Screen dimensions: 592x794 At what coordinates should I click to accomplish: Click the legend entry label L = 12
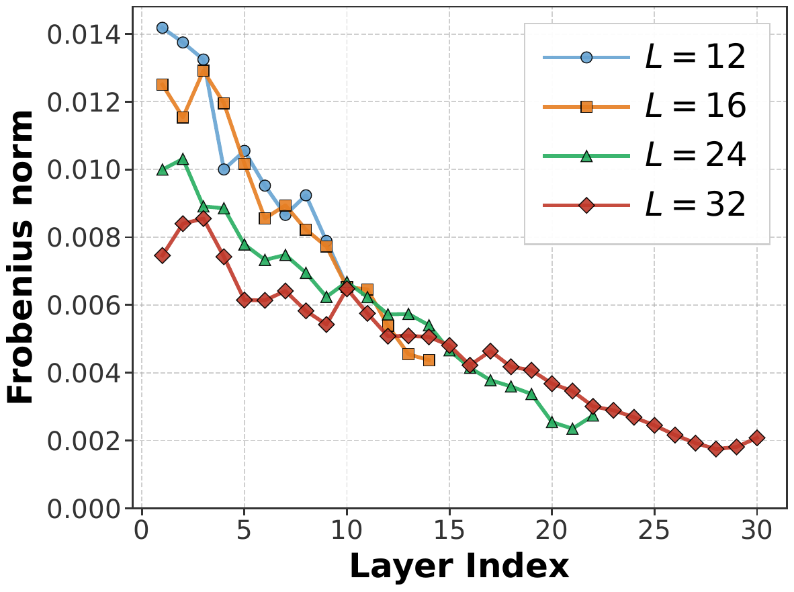[695, 58]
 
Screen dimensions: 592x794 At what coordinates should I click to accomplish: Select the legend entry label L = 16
[695, 107]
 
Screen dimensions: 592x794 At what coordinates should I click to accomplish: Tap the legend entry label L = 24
[695, 156]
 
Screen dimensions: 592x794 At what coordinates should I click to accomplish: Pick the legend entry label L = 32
[695, 205]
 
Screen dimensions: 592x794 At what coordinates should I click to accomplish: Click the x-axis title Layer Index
[459, 567]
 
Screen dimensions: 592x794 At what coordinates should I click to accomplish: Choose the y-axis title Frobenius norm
[21, 259]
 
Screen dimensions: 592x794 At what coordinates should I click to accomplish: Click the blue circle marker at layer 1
[163, 28]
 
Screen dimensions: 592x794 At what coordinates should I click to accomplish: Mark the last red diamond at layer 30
[757, 437]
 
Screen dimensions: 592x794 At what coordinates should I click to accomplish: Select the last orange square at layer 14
[429, 360]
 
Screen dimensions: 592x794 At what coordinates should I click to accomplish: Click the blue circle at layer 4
[224, 169]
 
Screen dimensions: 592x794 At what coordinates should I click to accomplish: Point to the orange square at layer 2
[183, 117]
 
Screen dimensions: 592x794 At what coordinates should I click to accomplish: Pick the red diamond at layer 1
[163, 255]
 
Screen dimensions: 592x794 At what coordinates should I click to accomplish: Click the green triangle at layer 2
[183, 159]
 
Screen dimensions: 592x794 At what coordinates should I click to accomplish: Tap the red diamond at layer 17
[490, 351]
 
